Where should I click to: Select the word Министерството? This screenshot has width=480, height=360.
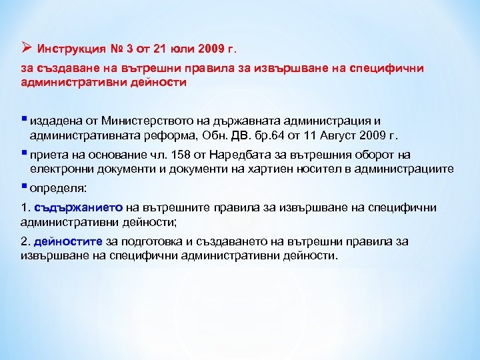(x=160, y=121)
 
